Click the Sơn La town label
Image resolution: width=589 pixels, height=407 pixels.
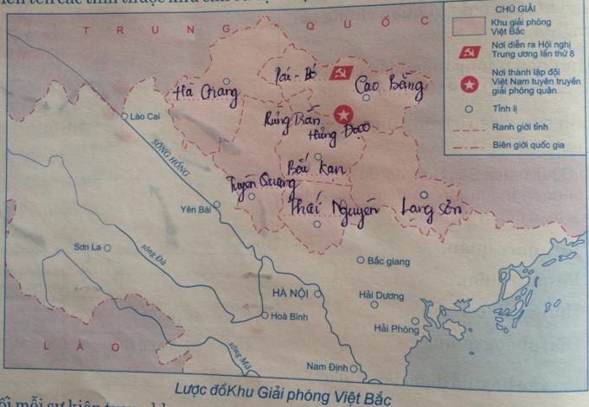(x=86, y=247)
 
